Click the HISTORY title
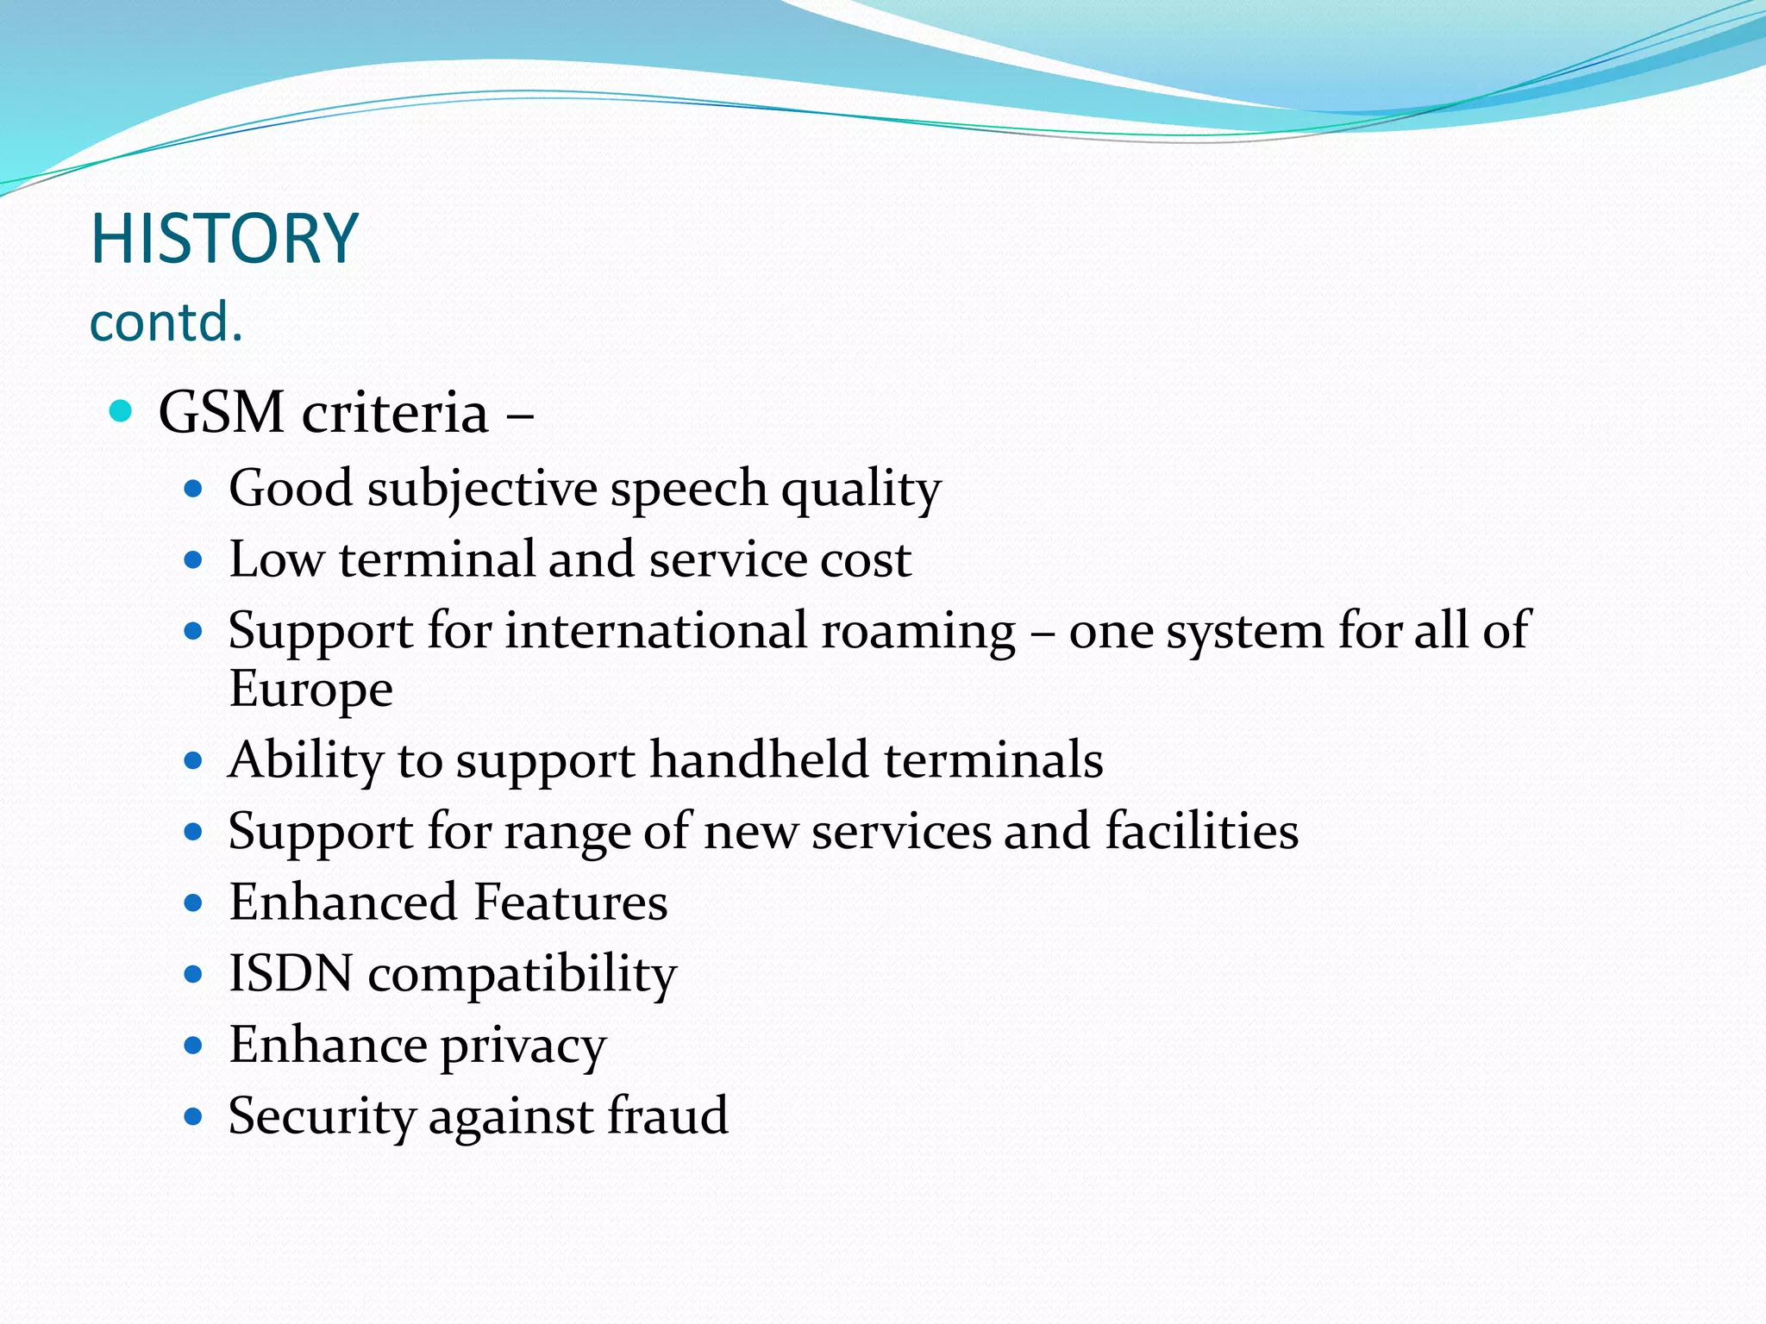(224, 239)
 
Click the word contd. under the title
(166, 322)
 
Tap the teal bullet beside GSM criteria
(122, 411)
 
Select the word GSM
(222, 412)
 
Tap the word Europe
(310, 689)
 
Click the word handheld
(759, 760)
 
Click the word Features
(570, 903)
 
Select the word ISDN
(291, 974)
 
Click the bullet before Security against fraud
(193, 1118)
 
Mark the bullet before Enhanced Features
(193, 904)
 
